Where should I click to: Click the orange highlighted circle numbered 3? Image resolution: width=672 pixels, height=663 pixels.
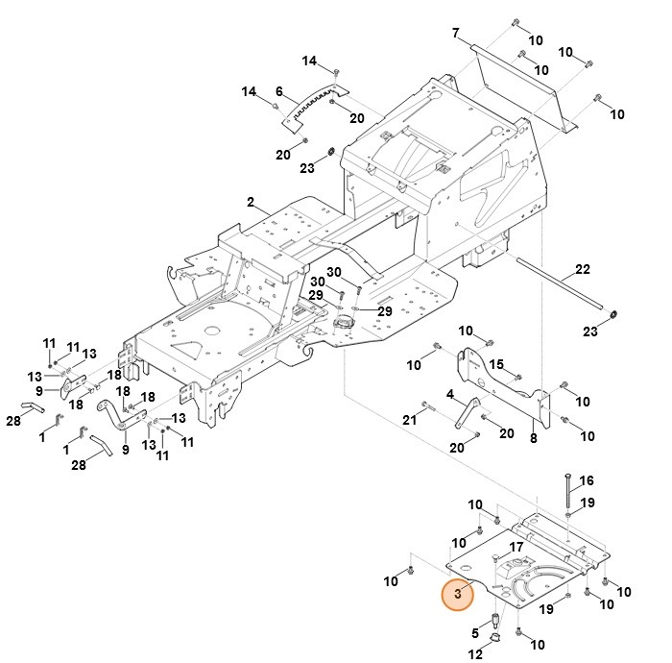click(458, 595)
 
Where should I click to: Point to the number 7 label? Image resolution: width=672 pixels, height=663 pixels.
click(456, 33)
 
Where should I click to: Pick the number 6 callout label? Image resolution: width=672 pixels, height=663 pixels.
click(278, 93)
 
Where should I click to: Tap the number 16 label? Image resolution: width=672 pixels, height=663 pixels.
click(588, 480)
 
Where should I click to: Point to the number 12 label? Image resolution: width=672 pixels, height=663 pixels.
click(475, 655)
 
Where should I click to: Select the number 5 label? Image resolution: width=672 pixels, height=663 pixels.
click(475, 632)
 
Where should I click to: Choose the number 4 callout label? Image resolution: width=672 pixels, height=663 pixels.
click(449, 394)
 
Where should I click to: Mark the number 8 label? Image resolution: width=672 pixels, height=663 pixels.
click(534, 438)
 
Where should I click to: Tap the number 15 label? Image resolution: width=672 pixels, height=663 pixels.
click(496, 364)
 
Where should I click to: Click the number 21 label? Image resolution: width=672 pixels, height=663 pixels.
click(409, 419)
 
